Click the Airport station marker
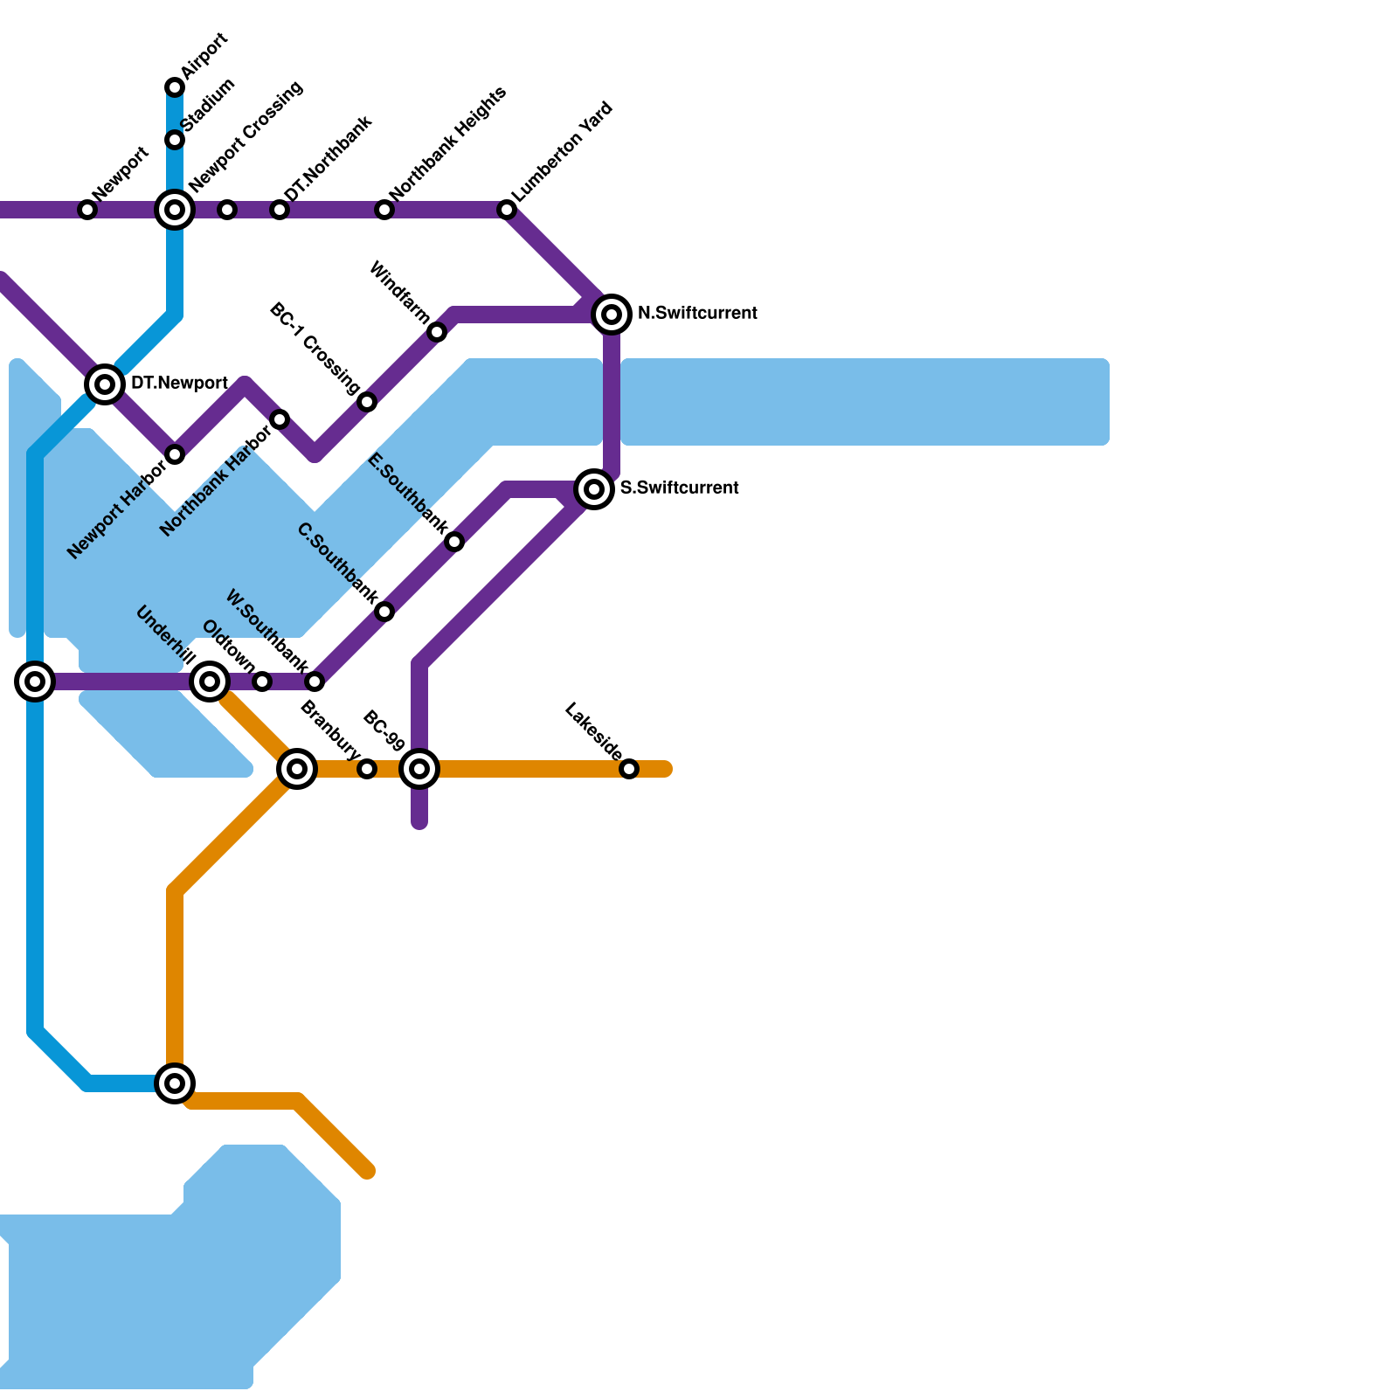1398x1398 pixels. coord(175,87)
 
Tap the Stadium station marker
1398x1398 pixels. coord(175,140)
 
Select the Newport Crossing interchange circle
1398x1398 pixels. coord(175,210)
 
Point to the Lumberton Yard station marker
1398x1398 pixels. coord(507,210)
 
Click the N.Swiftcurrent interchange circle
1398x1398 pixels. coord(612,314)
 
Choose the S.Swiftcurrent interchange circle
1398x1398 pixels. coord(594,488)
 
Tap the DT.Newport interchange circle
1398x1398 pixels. coord(105,384)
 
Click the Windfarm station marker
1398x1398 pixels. coord(437,332)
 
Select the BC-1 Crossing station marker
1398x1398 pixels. coord(367,402)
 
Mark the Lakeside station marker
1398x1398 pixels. coord(629,769)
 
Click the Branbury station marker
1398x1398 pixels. coord(367,769)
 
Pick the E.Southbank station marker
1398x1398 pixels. coord(454,542)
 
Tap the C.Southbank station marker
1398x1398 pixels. coord(384,612)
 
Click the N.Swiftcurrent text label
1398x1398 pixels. coord(697,314)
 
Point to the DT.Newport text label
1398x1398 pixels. coord(179,384)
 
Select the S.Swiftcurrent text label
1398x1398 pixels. coord(680,488)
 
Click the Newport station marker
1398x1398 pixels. coord(87,210)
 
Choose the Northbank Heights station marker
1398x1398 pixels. coord(384,210)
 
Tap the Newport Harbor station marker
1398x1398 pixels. coord(175,454)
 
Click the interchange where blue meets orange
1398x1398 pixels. coord(175,1083)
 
